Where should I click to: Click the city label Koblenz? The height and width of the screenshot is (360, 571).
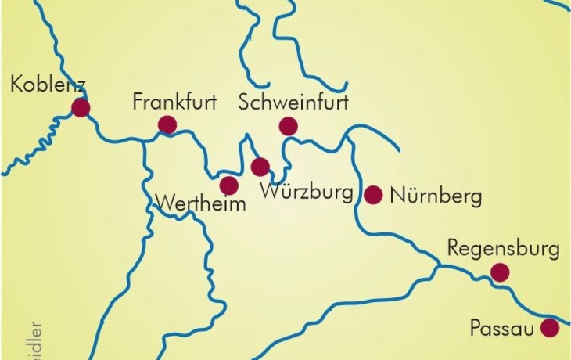pyautogui.click(x=48, y=85)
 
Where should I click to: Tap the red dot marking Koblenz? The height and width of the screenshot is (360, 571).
pyautogui.click(x=81, y=108)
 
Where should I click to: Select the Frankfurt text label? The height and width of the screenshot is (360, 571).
pyautogui.click(x=174, y=102)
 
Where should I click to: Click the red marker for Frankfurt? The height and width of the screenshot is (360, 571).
pyautogui.click(x=167, y=124)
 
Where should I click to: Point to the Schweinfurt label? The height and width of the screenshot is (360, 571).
pyautogui.click(x=293, y=102)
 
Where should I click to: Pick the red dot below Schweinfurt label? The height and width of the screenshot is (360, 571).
pyautogui.click(x=289, y=125)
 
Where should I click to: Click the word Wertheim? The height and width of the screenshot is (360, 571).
pyautogui.click(x=201, y=204)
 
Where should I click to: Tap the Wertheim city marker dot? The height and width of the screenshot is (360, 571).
pyautogui.click(x=228, y=185)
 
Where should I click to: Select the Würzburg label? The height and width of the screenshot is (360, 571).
pyautogui.click(x=308, y=193)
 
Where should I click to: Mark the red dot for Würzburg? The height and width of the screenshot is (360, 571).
pyautogui.click(x=260, y=167)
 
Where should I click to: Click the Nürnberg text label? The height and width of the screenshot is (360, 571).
pyautogui.click(x=435, y=196)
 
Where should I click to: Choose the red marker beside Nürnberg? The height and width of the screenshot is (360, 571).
pyautogui.click(x=374, y=194)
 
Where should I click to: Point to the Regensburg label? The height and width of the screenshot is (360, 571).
pyautogui.click(x=503, y=250)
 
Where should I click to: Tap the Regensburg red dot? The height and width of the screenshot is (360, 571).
pyautogui.click(x=500, y=272)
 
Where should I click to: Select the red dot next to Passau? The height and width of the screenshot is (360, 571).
pyautogui.click(x=550, y=328)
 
